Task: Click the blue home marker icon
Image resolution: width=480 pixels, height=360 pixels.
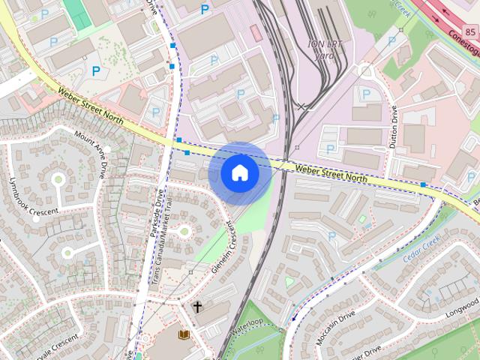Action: click(240, 173)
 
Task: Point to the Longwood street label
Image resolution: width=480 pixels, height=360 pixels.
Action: click(461, 307)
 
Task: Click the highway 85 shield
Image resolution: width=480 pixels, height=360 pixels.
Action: click(470, 32)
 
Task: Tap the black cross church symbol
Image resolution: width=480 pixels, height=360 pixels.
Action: click(197, 307)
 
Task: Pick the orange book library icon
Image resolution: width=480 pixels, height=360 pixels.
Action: click(182, 335)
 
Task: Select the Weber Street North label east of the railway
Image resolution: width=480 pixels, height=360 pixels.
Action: click(331, 173)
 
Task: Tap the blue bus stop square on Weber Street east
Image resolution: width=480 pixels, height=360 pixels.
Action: click(424, 184)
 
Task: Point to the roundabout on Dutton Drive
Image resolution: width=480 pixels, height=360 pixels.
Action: click(366, 73)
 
